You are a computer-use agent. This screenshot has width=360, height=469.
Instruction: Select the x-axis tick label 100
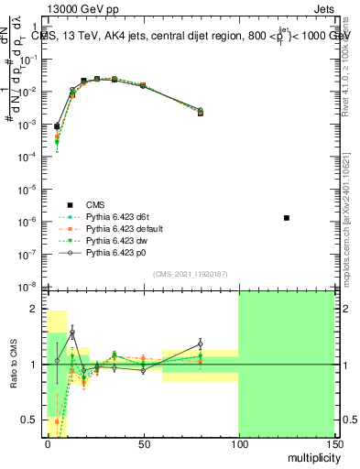pos(238,442)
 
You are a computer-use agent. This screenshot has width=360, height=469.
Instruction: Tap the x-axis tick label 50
pos(143,442)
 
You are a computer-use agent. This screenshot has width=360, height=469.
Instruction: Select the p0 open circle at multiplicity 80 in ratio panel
pos(200,344)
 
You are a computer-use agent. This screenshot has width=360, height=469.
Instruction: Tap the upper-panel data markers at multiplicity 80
pos(200,112)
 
